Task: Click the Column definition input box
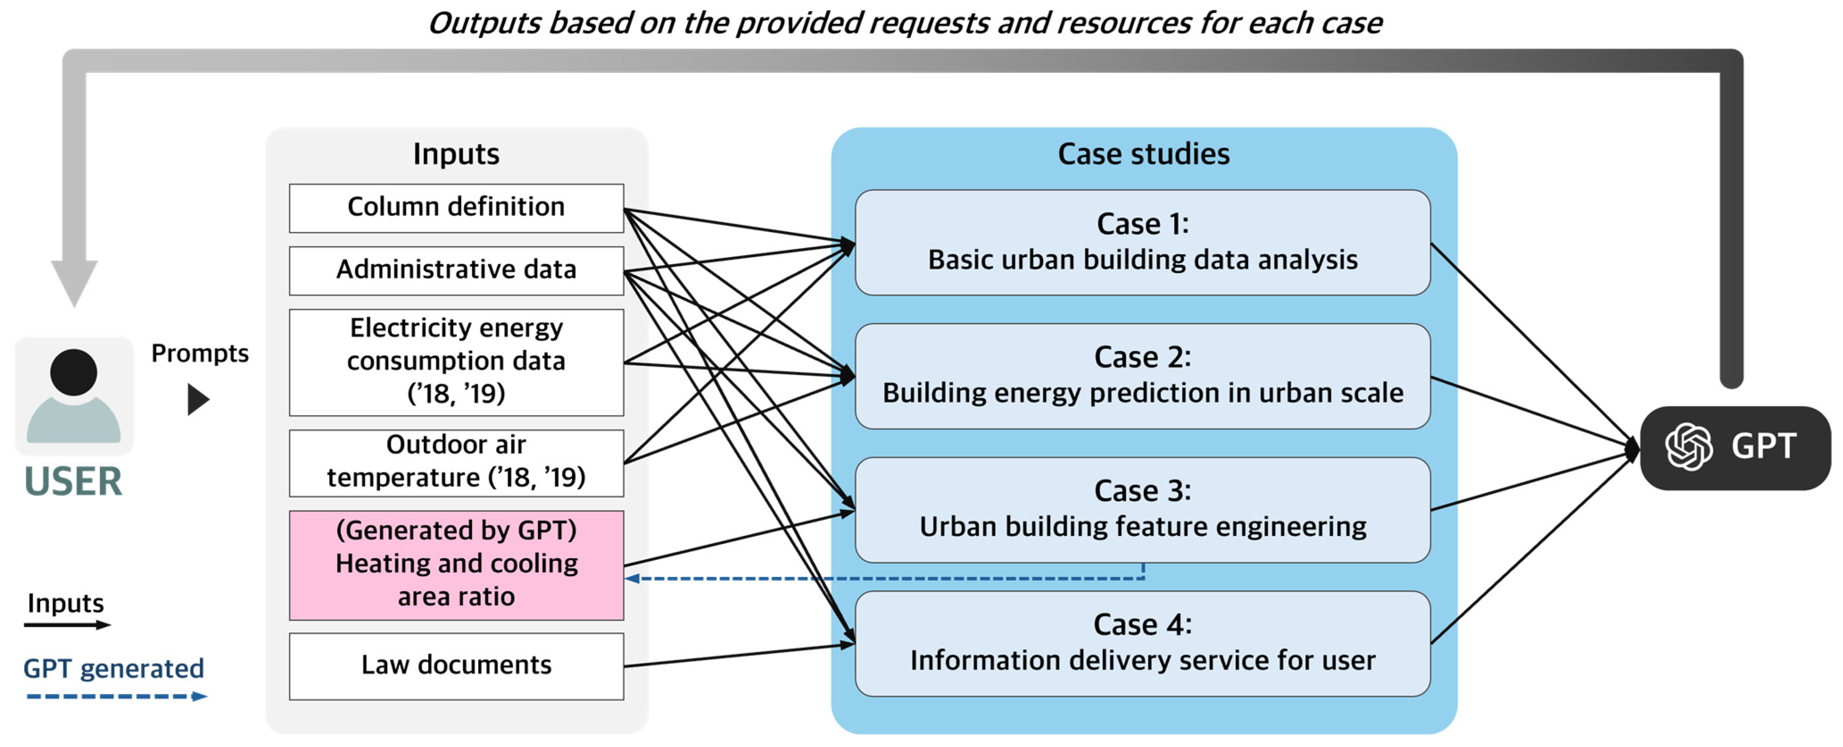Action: [x=456, y=207]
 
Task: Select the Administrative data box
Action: [x=456, y=270]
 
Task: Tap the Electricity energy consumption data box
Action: [x=456, y=361]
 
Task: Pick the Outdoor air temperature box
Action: [x=456, y=461]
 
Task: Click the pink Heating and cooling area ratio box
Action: [x=456, y=564]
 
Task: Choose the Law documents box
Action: [x=456, y=665]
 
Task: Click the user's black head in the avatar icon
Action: [x=73, y=372]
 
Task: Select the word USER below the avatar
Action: [x=73, y=481]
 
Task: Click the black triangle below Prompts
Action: [x=198, y=399]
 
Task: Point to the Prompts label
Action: [x=200, y=353]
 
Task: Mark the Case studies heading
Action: [x=1143, y=154]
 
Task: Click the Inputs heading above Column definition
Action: [x=456, y=154]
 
